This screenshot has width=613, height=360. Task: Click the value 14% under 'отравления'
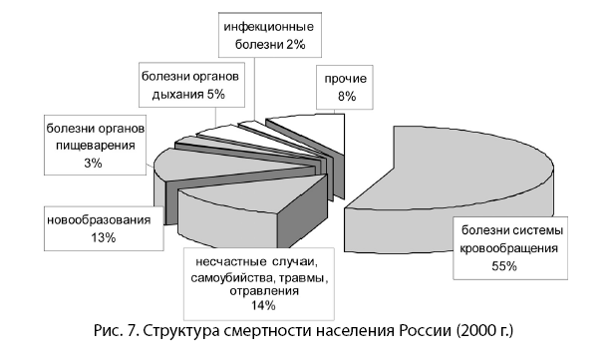pos(257,305)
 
